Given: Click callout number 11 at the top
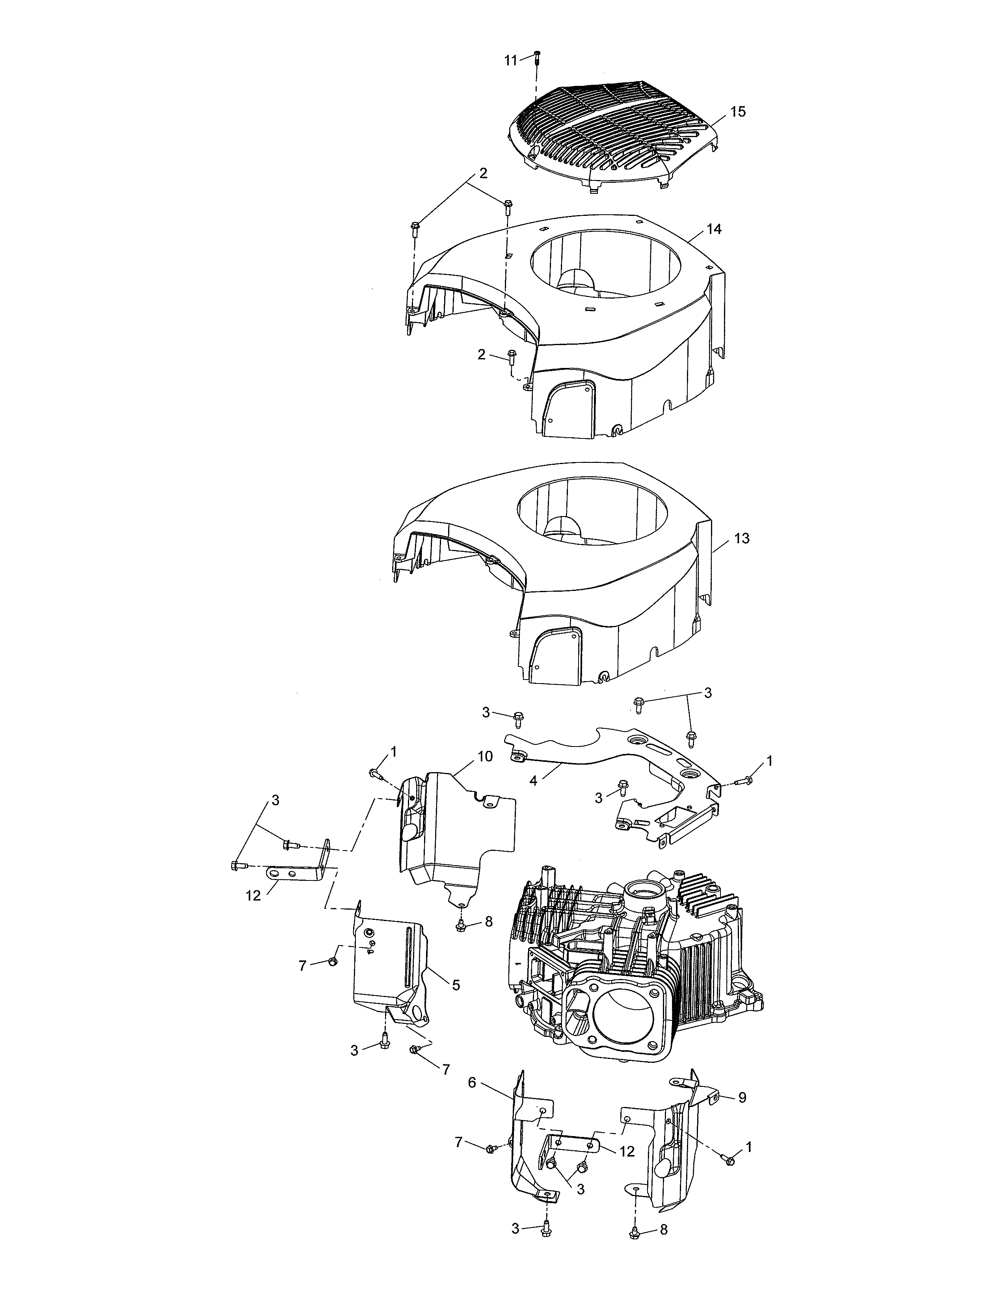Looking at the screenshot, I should (511, 60).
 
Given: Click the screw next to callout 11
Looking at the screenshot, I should (536, 57).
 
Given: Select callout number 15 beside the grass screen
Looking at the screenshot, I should (738, 111).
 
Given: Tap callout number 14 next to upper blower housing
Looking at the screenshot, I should (714, 228).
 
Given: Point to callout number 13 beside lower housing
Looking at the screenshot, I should (742, 538).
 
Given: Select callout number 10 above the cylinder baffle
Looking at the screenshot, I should (485, 756).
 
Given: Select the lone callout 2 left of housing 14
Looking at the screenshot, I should (482, 355).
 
